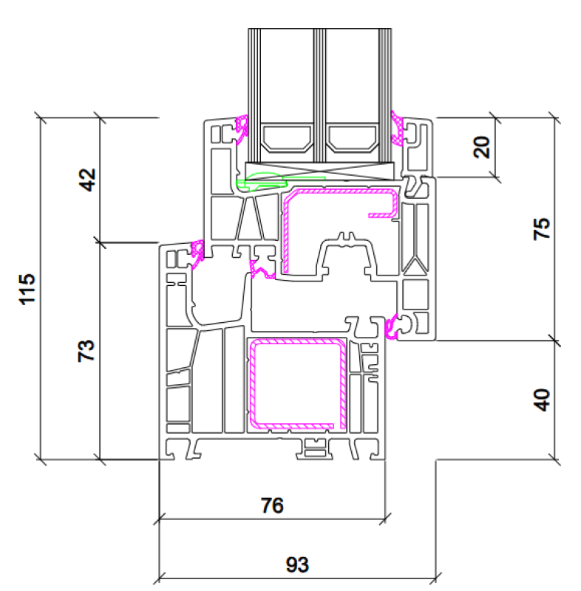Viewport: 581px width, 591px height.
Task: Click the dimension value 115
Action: pos(27,289)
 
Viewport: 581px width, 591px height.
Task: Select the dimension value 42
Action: pos(87,180)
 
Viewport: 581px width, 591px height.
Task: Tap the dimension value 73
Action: pos(86,351)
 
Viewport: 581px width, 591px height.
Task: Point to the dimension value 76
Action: pos(272,505)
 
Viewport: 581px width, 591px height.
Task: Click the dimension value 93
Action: pos(297,564)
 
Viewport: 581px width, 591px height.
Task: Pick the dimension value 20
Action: pos(481,147)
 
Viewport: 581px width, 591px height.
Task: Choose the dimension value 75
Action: pos(541,229)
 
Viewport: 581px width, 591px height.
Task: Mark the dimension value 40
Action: pos(541,400)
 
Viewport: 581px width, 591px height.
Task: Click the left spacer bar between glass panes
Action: pos(287,138)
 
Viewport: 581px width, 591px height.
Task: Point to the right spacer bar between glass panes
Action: pos(352,138)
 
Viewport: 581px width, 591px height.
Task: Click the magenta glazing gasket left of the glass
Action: pos(242,129)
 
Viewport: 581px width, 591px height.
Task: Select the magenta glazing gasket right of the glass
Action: pos(397,128)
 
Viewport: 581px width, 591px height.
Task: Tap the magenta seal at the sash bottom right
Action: pos(391,327)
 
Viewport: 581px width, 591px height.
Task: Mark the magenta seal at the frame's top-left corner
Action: pos(197,253)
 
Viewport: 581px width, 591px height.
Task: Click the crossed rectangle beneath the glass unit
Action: pos(320,171)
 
